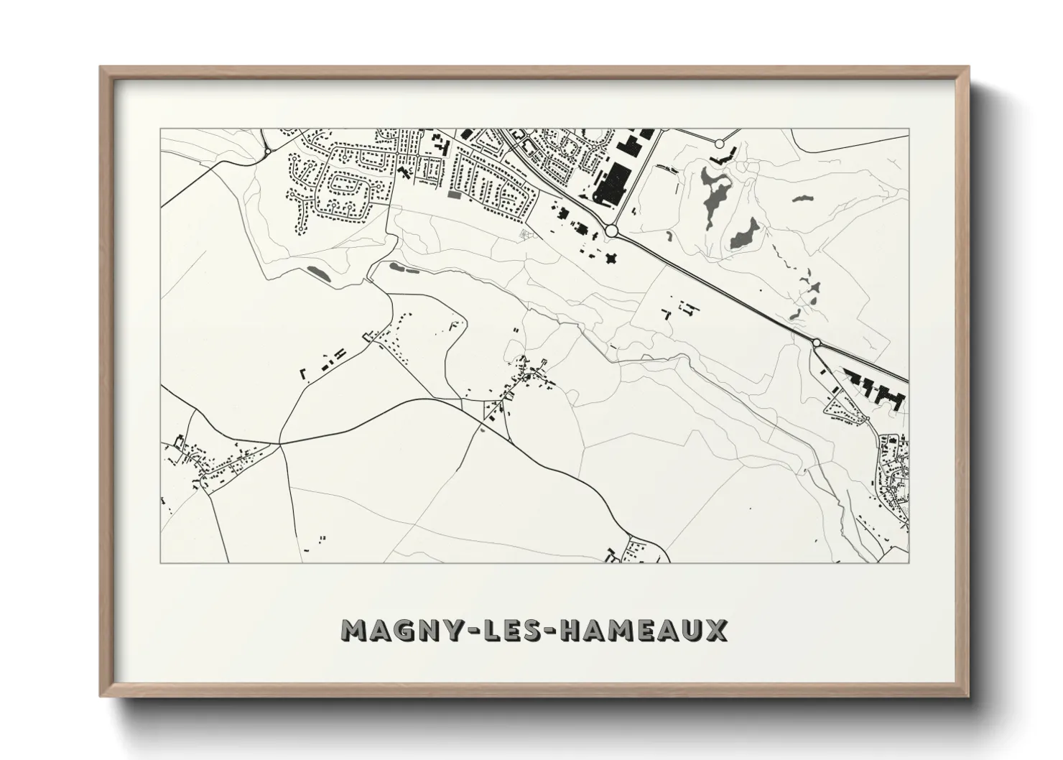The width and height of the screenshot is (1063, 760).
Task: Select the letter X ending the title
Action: (714, 630)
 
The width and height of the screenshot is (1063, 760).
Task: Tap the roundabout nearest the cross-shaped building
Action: (611, 231)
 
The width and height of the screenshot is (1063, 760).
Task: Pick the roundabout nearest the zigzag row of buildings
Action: (817, 343)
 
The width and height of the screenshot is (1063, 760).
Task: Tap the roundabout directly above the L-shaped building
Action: (720, 144)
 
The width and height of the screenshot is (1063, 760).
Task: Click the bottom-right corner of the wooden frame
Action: (967, 698)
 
